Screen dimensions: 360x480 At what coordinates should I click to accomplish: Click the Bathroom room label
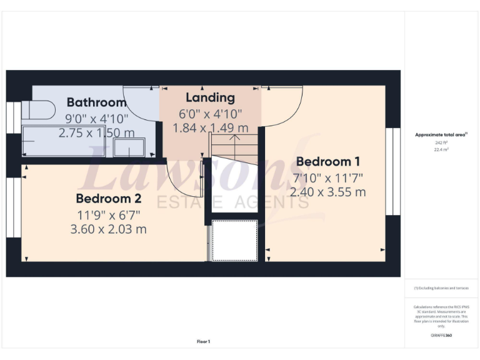coord(97,102)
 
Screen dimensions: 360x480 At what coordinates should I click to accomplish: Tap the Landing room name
coord(210,97)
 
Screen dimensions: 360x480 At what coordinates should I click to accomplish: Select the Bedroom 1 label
coord(328,161)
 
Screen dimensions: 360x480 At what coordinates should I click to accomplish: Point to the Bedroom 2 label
coord(108,199)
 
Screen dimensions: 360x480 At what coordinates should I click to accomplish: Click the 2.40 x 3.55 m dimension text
coord(328,192)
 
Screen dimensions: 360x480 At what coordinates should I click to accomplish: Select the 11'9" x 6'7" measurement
coord(108,214)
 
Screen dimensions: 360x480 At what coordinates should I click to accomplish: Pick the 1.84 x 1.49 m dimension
coord(211,127)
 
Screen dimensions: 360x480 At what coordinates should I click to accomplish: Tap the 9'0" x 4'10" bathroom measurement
coord(97,117)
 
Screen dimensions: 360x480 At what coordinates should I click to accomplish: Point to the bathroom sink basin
coord(129,148)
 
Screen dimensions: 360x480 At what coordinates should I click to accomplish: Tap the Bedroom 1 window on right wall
coord(392,171)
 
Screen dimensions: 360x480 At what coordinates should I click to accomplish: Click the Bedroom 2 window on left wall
coord(14,208)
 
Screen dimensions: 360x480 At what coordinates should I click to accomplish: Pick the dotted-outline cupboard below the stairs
coord(235,240)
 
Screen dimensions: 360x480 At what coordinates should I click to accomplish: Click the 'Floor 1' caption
coord(204,341)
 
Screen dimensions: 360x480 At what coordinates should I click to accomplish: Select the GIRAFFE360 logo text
coord(441,336)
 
